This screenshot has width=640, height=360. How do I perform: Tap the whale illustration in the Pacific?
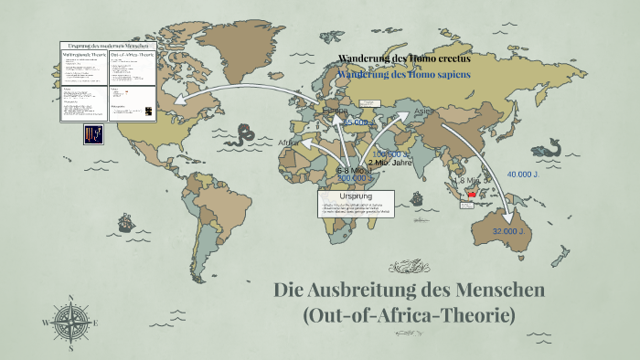(548, 146)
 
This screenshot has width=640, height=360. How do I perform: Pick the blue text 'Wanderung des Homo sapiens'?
(402, 75)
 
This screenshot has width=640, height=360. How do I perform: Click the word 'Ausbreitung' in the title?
(388, 291)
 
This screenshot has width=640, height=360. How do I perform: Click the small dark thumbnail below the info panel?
(93, 135)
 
